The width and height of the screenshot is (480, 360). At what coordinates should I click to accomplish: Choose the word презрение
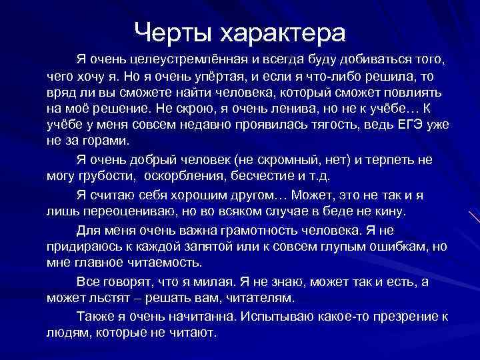398,316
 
